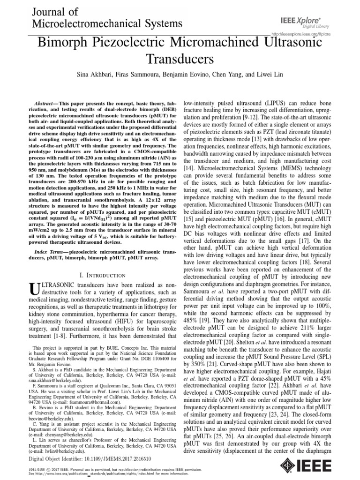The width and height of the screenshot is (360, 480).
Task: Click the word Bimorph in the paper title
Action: tap(66, 44)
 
